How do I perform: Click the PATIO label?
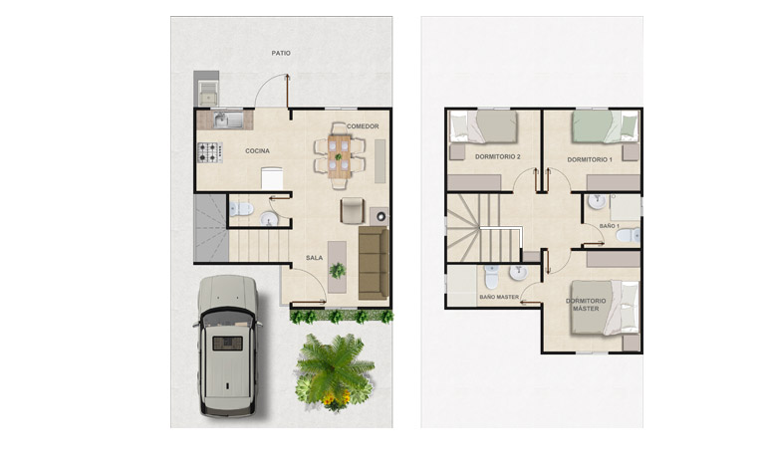281,53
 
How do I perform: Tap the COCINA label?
257,151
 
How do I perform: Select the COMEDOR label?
363,126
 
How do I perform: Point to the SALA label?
314,258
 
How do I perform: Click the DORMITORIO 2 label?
497,157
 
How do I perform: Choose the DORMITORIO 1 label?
590,159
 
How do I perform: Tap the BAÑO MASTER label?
499,297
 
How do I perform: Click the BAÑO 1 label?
609,226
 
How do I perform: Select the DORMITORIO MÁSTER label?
586,305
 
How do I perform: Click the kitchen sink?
228,119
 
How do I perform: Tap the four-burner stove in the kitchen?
210,152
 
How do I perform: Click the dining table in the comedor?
339,156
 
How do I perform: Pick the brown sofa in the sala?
374,263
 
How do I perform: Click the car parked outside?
228,346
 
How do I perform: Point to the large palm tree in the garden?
335,369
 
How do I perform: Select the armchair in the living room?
353,211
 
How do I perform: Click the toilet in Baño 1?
629,236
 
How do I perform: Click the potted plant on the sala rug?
337,270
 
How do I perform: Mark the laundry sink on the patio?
208,93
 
